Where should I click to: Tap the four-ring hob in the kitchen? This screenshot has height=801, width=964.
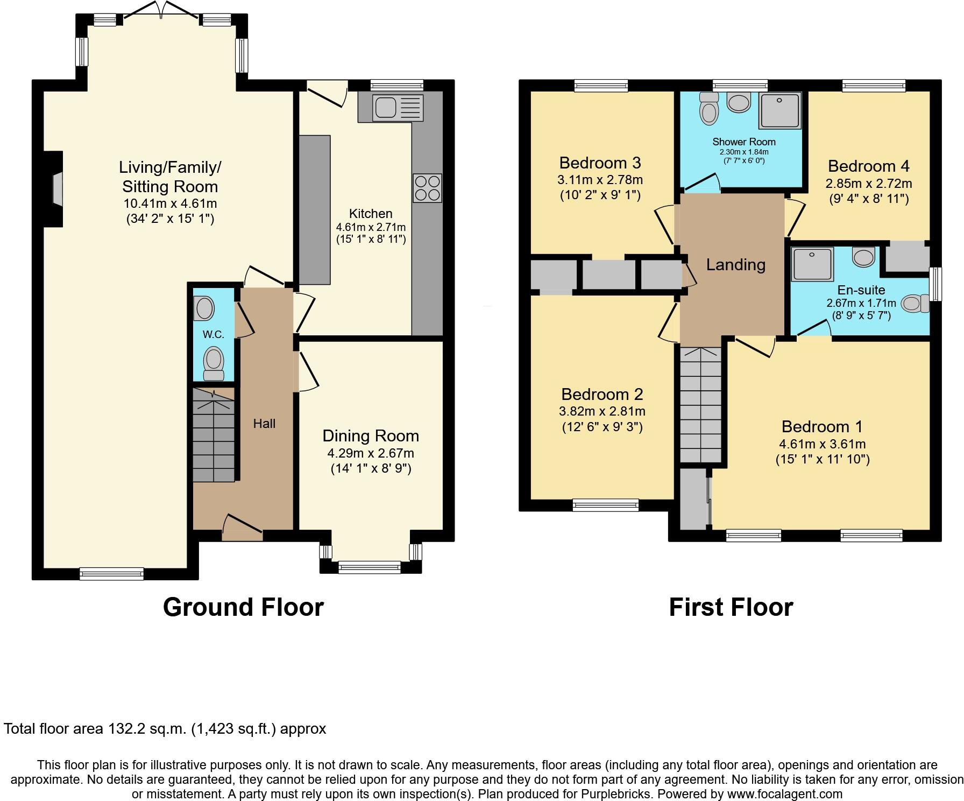coord(428,188)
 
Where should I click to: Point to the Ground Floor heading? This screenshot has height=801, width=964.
coord(243,607)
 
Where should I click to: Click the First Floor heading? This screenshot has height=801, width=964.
coord(731,607)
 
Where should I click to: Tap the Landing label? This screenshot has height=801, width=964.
coord(735,264)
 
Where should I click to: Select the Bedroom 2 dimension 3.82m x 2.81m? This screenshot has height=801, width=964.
coord(602,411)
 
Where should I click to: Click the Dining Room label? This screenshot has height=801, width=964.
coord(371,435)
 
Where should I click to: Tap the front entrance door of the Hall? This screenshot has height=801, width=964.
coord(242,528)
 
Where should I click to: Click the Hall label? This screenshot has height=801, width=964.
coord(264,424)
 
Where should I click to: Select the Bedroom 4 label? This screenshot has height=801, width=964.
coord(868,166)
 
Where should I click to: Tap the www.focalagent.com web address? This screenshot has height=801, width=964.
coord(784,793)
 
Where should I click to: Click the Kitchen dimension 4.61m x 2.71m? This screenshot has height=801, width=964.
coord(371,227)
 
